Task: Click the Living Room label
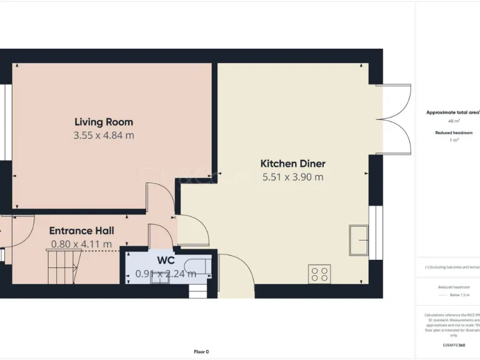[x=104, y=122]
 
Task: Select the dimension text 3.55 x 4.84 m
[x=104, y=135]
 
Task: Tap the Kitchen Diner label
[x=292, y=164]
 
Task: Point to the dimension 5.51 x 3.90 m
[x=292, y=177]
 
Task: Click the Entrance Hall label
[x=81, y=231]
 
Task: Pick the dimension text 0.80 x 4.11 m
[x=81, y=244]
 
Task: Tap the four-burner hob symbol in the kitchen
[x=319, y=274]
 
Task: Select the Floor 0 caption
[x=201, y=351]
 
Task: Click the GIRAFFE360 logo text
[x=453, y=345]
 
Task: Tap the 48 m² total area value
[x=453, y=121]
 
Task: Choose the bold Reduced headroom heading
[x=453, y=133]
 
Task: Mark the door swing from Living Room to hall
[x=157, y=199]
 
